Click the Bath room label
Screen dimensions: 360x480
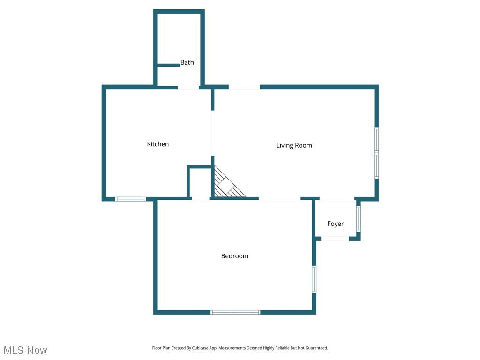(x=187, y=62)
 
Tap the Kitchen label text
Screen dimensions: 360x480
(x=158, y=144)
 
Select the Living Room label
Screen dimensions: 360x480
(x=294, y=145)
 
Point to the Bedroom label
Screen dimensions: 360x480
(x=235, y=256)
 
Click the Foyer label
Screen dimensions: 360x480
(x=336, y=224)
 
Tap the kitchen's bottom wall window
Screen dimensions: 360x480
(x=131, y=199)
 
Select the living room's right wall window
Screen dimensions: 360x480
(x=376, y=152)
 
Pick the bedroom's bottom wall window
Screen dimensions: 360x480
(x=235, y=312)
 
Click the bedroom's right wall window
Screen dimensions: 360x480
(x=314, y=279)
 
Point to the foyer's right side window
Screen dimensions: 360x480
(x=359, y=219)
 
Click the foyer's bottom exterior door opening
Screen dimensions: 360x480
(x=335, y=239)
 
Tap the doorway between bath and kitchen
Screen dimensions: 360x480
(x=188, y=87)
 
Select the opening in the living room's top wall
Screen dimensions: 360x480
(x=244, y=87)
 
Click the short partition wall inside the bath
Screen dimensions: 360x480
(x=168, y=65)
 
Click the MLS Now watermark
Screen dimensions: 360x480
(x=25, y=350)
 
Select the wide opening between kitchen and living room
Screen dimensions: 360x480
(x=212, y=133)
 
